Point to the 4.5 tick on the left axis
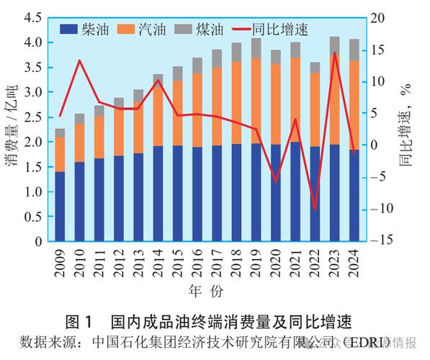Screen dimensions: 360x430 32,18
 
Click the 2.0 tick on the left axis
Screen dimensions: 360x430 32,143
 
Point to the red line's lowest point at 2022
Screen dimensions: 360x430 315,210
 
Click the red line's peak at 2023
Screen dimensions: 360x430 334,53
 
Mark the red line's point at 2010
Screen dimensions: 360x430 80,61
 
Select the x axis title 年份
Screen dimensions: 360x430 206,292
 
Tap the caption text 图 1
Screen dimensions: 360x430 80,320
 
